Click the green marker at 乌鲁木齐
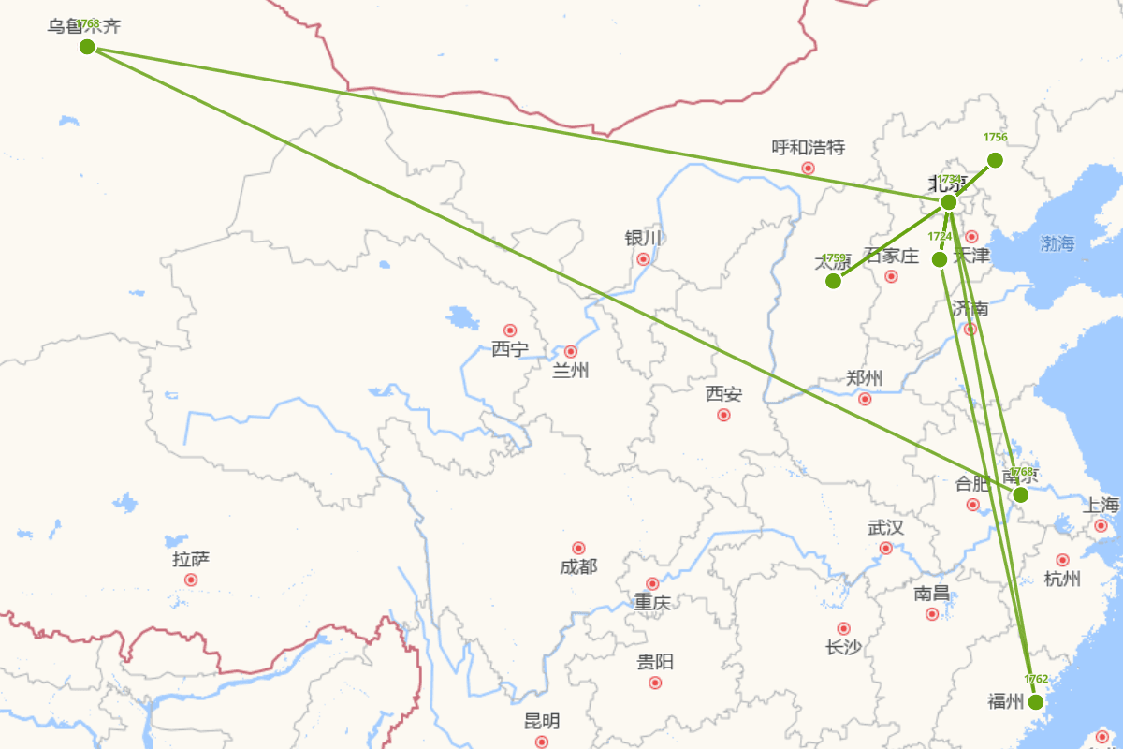(x=87, y=47)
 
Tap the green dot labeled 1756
(x=995, y=160)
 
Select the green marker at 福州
(x=1035, y=702)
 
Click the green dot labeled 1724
(x=940, y=259)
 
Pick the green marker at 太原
(x=833, y=281)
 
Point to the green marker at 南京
(x=1021, y=494)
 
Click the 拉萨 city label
(x=191, y=560)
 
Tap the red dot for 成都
(x=578, y=548)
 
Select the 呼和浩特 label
(x=809, y=147)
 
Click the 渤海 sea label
(x=1057, y=243)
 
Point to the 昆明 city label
(x=542, y=721)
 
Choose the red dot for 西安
(x=723, y=415)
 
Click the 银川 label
(x=643, y=239)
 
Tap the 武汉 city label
(x=885, y=528)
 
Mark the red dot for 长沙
(x=843, y=628)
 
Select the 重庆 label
(x=652, y=602)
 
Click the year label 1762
(x=1036, y=680)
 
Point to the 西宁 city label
(x=510, y=349)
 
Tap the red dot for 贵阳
(x=655, y=683)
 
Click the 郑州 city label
(x=865, y=378)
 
